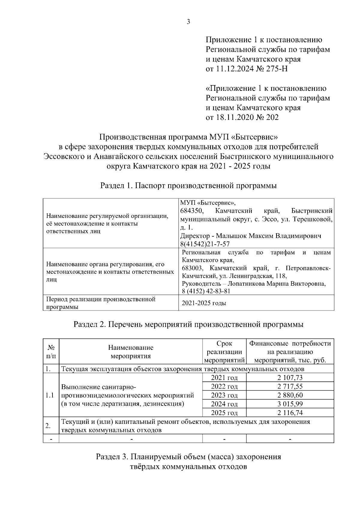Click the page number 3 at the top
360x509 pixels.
188,22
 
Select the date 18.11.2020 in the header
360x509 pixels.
234,117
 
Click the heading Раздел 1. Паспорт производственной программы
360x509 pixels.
188,186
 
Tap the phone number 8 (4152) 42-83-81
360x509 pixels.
206,291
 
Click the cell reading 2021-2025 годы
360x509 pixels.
204,303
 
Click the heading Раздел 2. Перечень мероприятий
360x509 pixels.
188,324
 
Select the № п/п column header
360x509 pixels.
51,352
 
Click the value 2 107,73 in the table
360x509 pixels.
290,377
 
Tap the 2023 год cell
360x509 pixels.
224,395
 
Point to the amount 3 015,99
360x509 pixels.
290,404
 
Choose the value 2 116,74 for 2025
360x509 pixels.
290,413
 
